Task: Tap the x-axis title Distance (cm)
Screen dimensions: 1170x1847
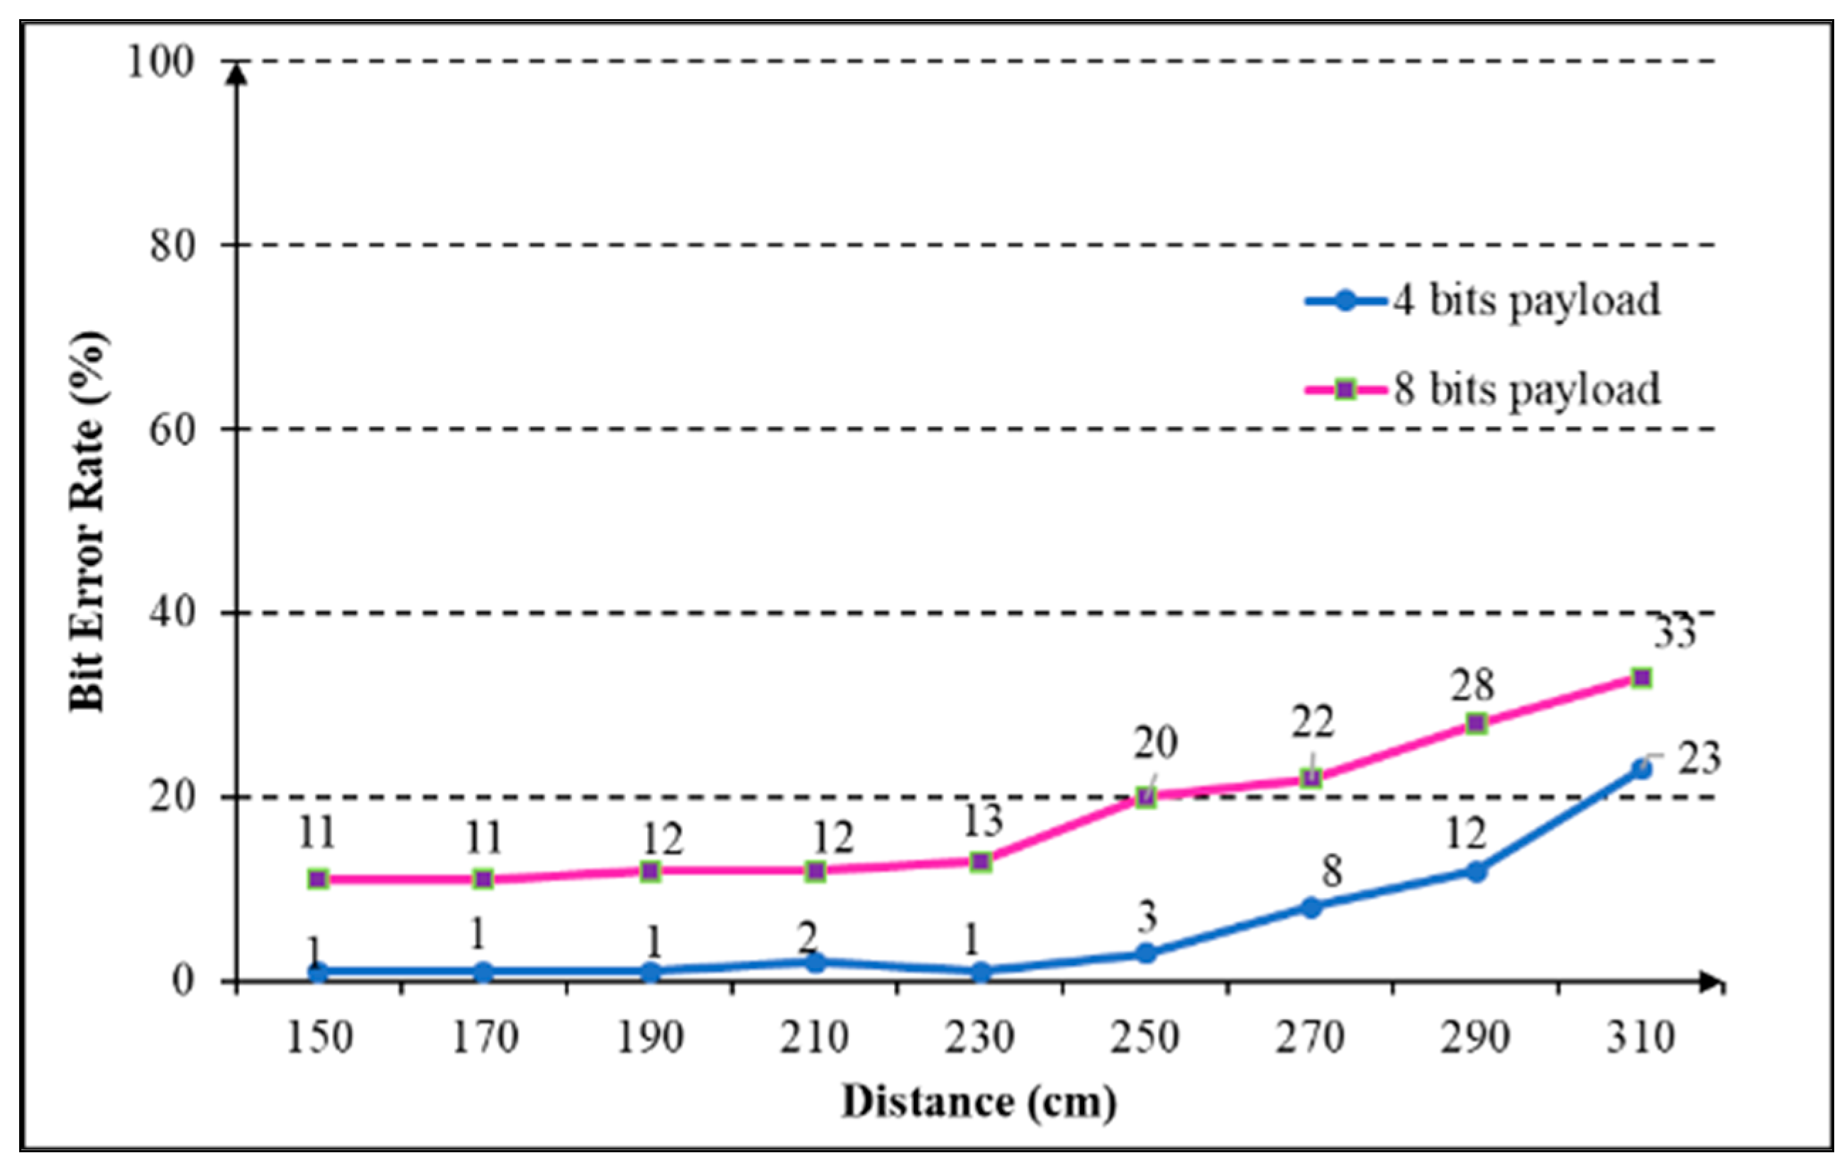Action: point(978,1103)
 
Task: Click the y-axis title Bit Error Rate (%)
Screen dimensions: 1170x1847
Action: point(87,521)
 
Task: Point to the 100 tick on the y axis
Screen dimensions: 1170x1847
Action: point(160,62)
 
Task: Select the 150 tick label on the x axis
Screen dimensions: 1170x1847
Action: point(319,1038)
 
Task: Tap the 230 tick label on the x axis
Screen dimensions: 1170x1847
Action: point(979,1038)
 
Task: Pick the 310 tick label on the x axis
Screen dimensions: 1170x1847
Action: point(1641,1038)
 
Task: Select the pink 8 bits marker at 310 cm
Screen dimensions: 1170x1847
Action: point(1641,678)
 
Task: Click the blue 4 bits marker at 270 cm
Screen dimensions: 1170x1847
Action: point(1311,908)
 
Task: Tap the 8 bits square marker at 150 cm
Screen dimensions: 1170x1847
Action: point(319,879)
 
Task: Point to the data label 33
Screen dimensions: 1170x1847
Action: point(1675,633)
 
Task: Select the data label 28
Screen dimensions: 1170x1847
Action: point(1472,685)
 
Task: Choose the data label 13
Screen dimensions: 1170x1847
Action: point(983,820)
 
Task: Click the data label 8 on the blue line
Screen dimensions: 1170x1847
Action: point(1332,871)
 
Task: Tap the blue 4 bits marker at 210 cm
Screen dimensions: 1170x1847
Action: point(815,963)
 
